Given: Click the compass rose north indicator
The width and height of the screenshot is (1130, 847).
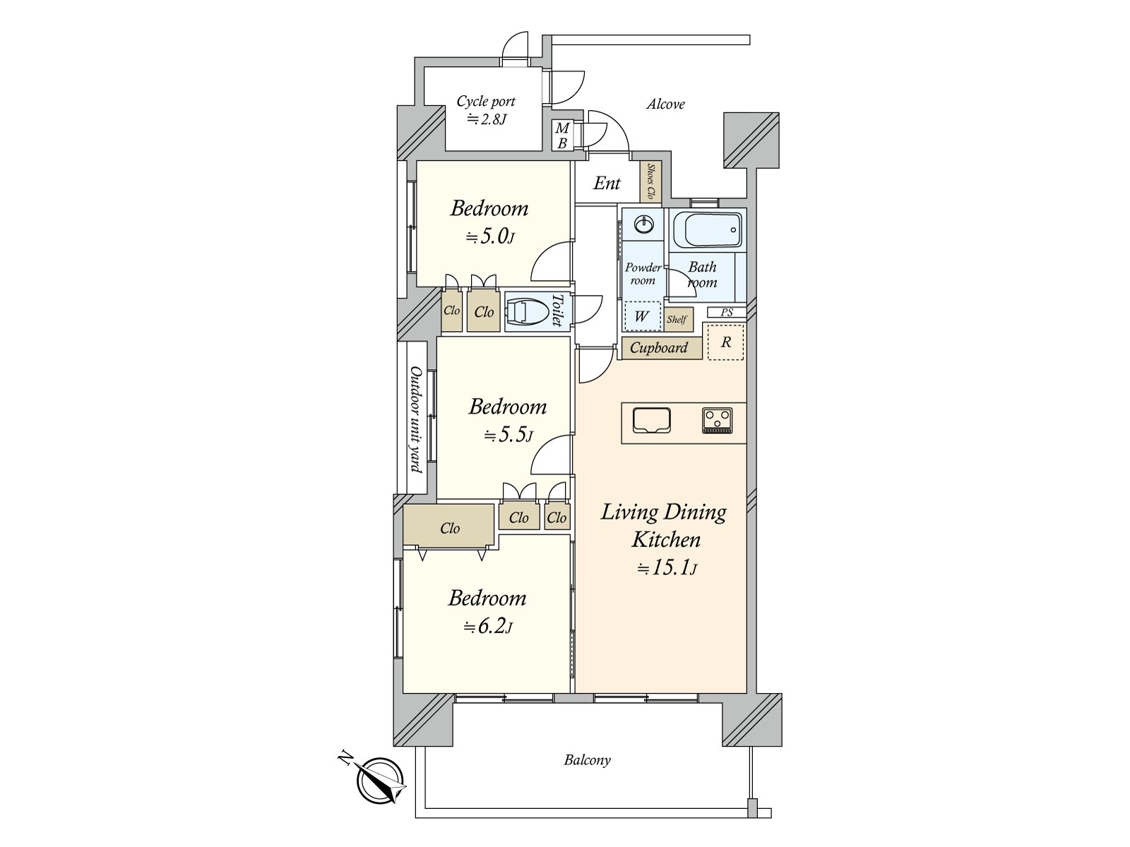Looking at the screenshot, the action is [379, 779].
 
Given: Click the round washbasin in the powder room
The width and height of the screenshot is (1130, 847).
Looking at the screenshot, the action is [643, 224].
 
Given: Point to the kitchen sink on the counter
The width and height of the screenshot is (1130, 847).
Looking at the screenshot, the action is [651, 421].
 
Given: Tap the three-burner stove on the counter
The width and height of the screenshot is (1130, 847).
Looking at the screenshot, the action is [717, 421].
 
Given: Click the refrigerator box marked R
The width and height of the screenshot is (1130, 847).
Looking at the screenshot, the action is [725, 342].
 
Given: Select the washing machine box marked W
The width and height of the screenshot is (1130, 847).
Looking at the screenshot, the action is [642, 316].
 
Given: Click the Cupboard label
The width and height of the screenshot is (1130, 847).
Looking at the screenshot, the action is [658, 348].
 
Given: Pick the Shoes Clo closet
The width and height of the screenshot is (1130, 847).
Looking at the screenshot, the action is [650, 181].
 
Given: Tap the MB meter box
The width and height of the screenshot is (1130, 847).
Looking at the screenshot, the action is [562, 136].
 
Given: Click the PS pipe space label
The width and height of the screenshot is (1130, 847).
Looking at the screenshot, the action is [727, 312].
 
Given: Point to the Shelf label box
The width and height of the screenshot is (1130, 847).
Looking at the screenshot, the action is [678, 319].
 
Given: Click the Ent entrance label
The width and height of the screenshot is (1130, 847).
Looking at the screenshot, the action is [607, 183].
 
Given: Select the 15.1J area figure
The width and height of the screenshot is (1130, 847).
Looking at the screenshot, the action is [667, 567].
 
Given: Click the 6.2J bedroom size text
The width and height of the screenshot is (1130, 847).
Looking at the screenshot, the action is [487, 627].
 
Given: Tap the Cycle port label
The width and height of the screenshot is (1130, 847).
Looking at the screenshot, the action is [486, 102].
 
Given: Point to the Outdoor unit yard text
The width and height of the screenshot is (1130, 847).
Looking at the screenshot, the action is [416, 419].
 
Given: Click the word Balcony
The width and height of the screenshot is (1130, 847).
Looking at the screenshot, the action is [587, 760].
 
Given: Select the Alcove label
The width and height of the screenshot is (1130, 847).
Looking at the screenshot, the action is [666, 104].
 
